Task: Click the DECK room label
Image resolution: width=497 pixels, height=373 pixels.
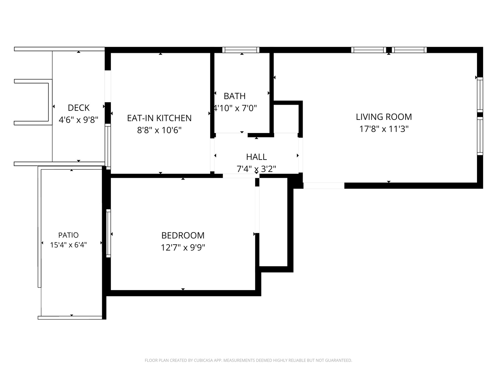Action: point(79,108)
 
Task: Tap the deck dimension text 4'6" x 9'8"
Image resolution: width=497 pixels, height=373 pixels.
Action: point(79,120)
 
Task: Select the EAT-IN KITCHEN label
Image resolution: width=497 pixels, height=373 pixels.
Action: point(159,118)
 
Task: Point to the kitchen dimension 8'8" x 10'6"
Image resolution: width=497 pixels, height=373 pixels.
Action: point(159,130)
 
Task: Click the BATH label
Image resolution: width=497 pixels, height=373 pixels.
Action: point(235,96)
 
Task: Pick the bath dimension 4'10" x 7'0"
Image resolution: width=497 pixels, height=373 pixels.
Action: point(235,108)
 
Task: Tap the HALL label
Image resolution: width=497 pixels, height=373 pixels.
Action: point(256,157)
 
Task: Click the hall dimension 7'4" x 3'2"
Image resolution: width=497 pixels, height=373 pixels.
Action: point(256,169)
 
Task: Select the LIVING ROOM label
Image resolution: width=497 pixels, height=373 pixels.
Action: point(384,117)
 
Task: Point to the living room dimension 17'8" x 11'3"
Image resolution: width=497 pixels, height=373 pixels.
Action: point(384,129)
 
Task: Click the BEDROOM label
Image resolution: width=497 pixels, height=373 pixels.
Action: point(183,236)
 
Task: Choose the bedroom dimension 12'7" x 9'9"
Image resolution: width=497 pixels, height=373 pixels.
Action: point(183,248)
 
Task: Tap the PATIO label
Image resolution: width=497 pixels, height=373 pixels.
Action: point(68,235)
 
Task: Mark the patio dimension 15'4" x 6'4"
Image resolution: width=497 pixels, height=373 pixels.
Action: point(68,245)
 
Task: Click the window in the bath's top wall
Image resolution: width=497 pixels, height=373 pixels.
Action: point(241,50)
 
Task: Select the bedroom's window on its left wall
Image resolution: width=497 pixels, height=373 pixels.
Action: point(108,233)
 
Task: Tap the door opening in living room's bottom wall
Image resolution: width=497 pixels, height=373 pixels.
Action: point(324,185)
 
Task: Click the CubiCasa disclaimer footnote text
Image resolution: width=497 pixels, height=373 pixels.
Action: point(248,360)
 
